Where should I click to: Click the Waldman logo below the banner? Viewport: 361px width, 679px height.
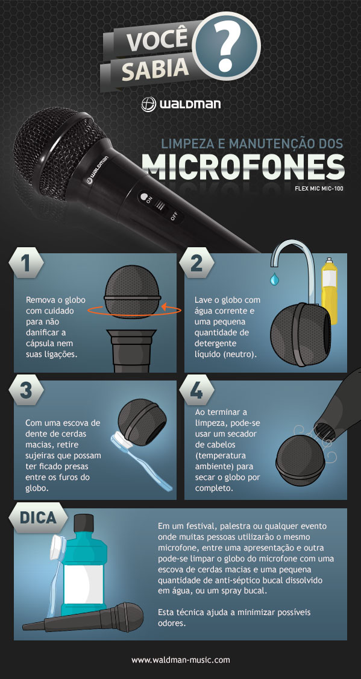pyautogui.click(x=181, y=104)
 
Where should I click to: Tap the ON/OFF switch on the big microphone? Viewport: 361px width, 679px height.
pyautogui.click(x=160, y=206)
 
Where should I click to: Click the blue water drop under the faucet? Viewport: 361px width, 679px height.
pyautogui.click(x=275, y=280)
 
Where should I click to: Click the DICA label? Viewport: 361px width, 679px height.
pyautogui.click(x=37, y=517)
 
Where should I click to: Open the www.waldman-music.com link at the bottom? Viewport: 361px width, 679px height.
pyautogui.click(x=181, y=660)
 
